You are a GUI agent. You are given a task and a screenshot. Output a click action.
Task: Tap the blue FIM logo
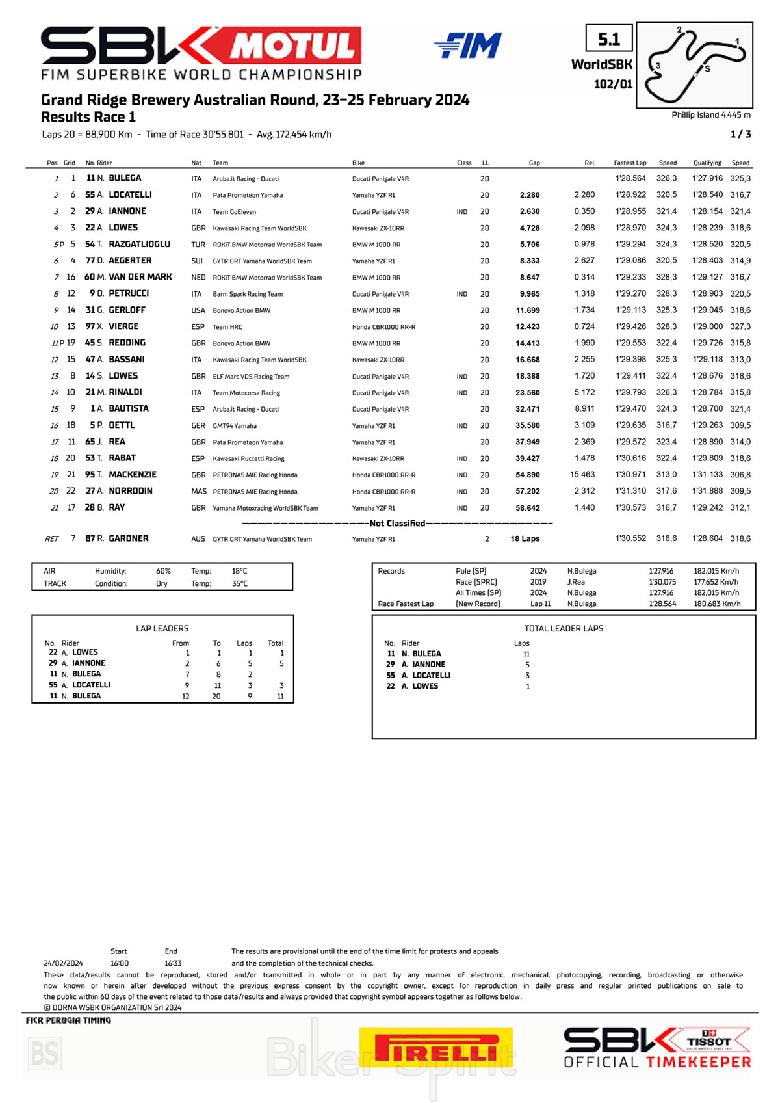click(468, 46)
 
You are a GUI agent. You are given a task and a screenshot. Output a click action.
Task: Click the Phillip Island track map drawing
click(694, 65)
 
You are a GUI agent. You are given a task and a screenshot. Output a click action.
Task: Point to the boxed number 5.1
click(609, 40)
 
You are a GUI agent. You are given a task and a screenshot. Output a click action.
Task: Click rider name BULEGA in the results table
click(125, 178)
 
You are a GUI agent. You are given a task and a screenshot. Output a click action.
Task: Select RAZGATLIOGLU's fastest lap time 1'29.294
click(630, 245)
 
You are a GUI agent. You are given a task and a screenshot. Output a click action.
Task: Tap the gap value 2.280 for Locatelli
click(530, 195)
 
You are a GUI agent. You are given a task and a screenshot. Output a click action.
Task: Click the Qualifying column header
click(707, 163)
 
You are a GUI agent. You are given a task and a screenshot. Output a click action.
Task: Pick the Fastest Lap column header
click(630, 163)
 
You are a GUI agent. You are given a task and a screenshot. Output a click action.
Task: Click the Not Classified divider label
click(397, 524)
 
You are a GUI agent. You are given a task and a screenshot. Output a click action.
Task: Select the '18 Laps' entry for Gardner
click(525, 539)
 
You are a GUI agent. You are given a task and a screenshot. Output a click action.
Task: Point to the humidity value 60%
click(163, 571)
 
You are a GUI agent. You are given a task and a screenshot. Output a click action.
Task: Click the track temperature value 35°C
click(239, 583)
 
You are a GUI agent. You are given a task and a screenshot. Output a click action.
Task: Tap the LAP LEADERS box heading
click(162, 628)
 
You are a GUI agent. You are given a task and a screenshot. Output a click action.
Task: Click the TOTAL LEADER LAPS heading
click(564, 628)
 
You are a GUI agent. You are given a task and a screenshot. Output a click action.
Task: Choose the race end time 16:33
click(173, 963)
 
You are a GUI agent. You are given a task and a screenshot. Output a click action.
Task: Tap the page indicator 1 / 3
click(740, 134)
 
